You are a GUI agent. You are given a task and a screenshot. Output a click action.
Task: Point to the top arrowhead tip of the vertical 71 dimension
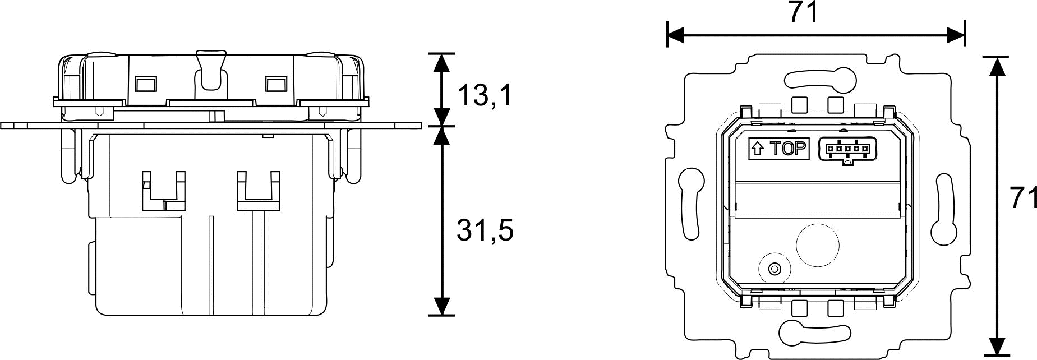(996, 56)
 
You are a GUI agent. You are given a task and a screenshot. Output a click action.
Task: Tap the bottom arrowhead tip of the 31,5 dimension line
(443, 315)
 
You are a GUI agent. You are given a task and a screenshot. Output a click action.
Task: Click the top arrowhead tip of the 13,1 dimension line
(443, 53)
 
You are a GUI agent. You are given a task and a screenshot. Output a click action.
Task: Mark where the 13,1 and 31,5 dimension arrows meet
(443, 125)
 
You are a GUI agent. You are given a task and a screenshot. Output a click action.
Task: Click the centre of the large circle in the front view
(818, 246)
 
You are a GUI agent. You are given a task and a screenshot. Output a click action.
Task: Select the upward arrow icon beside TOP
(757, 149)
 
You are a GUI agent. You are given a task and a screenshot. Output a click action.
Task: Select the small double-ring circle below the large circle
(775, 269)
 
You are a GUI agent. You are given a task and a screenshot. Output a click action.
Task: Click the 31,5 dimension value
(486, 230)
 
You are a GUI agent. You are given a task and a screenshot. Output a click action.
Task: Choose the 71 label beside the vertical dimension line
(1022, 199)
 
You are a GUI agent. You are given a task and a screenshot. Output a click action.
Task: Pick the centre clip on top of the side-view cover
(210, 70)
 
